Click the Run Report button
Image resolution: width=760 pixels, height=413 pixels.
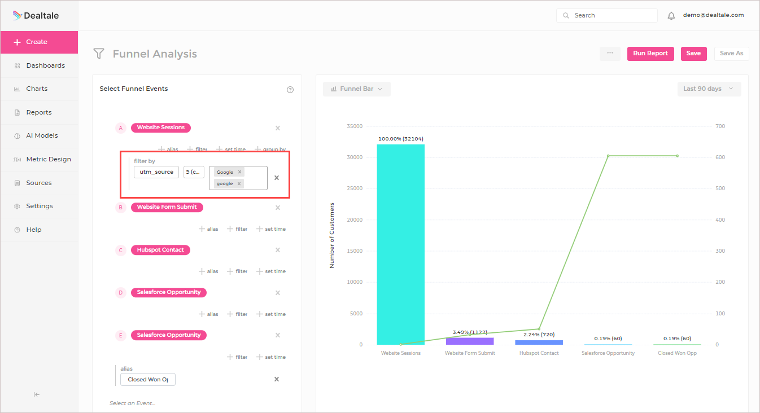coord(650,54)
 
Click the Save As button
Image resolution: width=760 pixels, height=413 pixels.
coord(731,54)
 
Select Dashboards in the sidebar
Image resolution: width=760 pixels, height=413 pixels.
coord(45,65)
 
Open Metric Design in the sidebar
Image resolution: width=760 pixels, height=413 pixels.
coord(49,159)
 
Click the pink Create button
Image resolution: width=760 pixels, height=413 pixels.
coord(38,42)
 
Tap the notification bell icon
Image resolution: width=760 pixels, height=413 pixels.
coord(671,16)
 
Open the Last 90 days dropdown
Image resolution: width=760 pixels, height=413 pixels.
coord(709,89)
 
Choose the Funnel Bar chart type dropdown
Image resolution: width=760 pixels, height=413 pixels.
coord(356,89)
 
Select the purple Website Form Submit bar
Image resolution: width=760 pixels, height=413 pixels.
coord(470,341)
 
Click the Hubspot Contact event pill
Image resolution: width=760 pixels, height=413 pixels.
coord(160,250)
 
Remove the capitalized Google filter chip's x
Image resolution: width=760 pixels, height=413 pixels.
coord(239,172)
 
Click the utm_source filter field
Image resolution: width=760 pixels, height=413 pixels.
coord(156,172)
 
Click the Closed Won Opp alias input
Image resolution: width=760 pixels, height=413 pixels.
coord(148,380)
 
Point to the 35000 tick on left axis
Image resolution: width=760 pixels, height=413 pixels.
coord(355,126)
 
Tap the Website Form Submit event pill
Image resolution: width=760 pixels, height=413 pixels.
coord(167,207)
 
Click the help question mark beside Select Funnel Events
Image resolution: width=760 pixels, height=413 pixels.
coord(290,90)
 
